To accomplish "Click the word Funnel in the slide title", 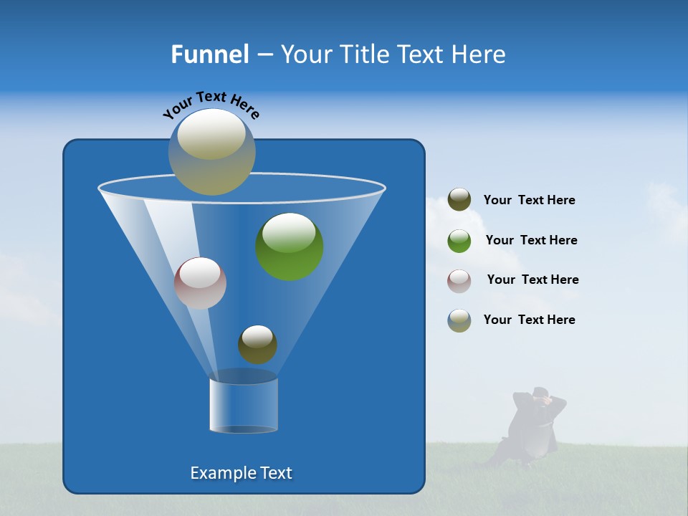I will tap(209, 54).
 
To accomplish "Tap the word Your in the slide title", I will tap(306, 54).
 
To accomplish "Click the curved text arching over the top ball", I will tap(211, 103).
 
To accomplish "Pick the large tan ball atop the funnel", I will tap(212, 151).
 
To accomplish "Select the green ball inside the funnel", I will tap(290, 247).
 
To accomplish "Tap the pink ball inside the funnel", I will tap(200, 283).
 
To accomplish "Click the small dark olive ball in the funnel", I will tap(257, 344).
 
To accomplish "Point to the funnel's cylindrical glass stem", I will tap(244, 403).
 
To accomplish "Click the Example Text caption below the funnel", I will tap(241, 473).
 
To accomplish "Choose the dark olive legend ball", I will tap(459, 200).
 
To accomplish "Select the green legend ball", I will tap(459, 241).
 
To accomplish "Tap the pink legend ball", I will tap(459, 280).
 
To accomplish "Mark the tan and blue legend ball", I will tap(459, 320).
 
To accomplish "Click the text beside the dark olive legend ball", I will tap(529, 201).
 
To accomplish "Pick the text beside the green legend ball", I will tap(531, 240).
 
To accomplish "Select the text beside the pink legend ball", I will tap(532, 279).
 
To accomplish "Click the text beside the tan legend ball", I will tap(529, 320).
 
